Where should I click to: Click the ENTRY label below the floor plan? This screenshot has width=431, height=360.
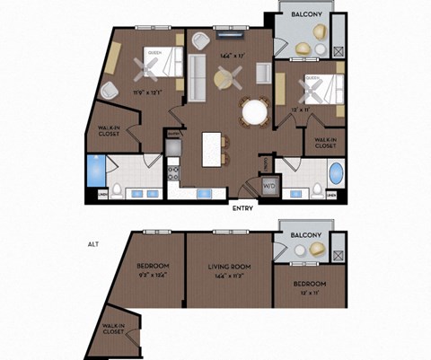pyautogui.click(x=242, y=208)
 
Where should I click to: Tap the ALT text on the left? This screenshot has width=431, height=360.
pyautogui.click(x=92, y=243)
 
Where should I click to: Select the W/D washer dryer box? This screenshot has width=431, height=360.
pyautogui.click(x=268, y=186)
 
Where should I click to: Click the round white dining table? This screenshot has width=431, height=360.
pyautogui.click(x=255, y=111)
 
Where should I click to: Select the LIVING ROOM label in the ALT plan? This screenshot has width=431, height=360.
pyautogui.click(x=230, y=267)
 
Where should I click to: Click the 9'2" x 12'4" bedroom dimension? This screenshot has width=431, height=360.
pyautogui.click(x=153, y=276)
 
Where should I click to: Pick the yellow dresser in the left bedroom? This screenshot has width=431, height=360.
pyautogui.click(x=112, y=57)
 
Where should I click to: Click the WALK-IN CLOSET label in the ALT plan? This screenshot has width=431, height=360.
pyautogui.click(x=112, y=329)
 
